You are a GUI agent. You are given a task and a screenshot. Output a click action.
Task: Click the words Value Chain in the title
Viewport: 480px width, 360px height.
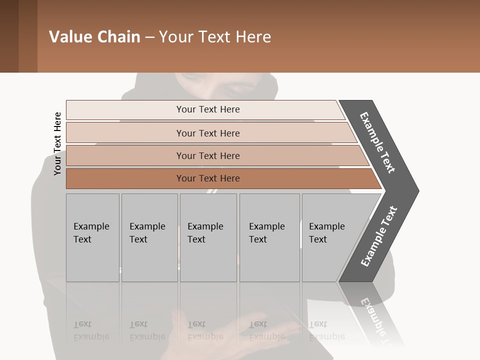pos(94,37)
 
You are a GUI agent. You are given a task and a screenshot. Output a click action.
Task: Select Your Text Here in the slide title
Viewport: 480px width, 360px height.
pos(215,37)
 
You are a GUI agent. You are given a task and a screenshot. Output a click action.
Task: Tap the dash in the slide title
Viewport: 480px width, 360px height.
pos(149,37)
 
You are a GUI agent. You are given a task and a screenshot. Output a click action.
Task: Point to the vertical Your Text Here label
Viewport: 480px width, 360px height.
pos(57,143)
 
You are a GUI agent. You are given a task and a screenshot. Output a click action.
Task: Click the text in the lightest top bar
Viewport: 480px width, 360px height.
pos(208,109)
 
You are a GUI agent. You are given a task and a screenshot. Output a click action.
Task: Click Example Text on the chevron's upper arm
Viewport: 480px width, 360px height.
pos(377,142)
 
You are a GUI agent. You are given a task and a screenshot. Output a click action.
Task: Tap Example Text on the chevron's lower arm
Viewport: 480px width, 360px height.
pos(379,236)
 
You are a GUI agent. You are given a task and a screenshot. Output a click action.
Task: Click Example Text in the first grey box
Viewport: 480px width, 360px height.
pos(91,233)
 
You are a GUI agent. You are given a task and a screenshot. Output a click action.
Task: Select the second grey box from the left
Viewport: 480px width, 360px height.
pos(149,237)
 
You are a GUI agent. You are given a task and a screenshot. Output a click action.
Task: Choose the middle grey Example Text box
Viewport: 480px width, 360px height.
pos(208,237)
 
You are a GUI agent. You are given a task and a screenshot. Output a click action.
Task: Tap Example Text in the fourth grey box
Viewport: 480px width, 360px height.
pos(266,233)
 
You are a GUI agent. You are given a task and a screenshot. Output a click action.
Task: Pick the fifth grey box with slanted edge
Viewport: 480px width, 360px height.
pos(327,237)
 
